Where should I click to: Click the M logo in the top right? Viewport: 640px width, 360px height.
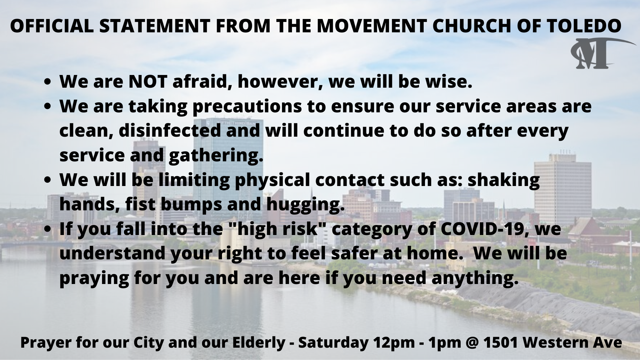click(x=597, y=54)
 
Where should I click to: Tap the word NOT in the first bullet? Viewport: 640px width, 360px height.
click(x=147, y=82)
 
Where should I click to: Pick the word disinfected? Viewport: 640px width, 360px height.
click(x=170, y=130)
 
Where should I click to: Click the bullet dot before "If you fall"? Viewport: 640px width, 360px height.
click(x=49, y=230)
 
